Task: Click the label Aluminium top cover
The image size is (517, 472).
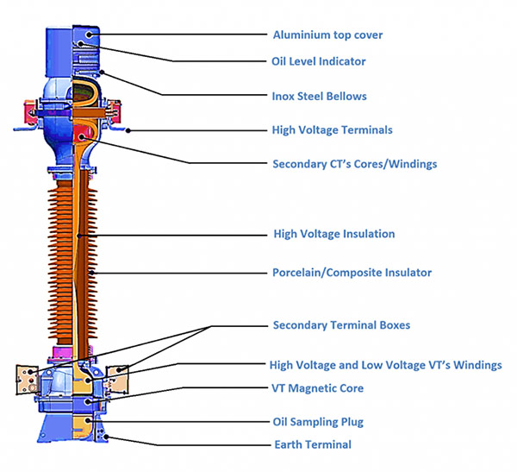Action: (x=327, y=35)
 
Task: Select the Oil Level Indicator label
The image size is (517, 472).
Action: (x=319, y=61)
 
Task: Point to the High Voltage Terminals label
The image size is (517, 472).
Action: (x=332, y=130)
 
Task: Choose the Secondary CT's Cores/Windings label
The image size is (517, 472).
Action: (x=354, y=163)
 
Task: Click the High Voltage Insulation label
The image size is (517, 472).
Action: (x=333, y=234)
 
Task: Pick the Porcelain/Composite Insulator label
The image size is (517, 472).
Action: (x=352, y=273)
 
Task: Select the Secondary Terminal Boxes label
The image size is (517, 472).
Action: (x=341, y=325)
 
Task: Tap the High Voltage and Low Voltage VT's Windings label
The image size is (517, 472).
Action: (x=385, y=365)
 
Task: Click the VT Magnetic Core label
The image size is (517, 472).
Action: (x=318, y=388)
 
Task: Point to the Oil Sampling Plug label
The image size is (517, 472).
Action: (x=318, y=422)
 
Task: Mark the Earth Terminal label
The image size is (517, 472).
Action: (x=311, y=444)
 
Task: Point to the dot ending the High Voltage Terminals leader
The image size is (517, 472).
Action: (x=128, y=131)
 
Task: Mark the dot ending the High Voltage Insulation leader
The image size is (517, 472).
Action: (x=78, y=234)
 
